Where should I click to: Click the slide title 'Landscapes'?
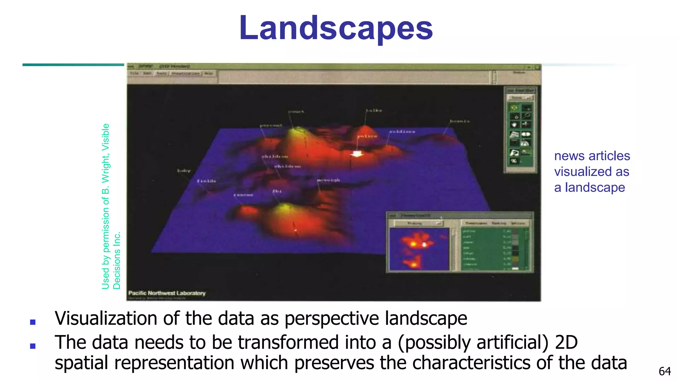tap(336, 28)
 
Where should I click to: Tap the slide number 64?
tap(665, 371)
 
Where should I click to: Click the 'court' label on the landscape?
tap(296, 112)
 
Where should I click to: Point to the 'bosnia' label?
tap(460, 121)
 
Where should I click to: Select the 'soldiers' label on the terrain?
tap(402, 132)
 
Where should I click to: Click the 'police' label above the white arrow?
tap(367, 136)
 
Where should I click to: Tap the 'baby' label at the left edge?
tap(184, 171)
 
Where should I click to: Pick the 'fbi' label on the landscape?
tap(277, 191)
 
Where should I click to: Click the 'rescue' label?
tap(243, 195)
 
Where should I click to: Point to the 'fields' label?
tap(207, 181)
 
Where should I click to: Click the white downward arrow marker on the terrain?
tap(357, 153)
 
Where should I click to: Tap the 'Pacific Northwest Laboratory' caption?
tap(167, 293)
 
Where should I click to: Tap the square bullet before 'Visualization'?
tap(33, 322)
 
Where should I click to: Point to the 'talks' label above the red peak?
tap(374, 110)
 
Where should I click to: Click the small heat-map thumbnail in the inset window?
tap(419, 249)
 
